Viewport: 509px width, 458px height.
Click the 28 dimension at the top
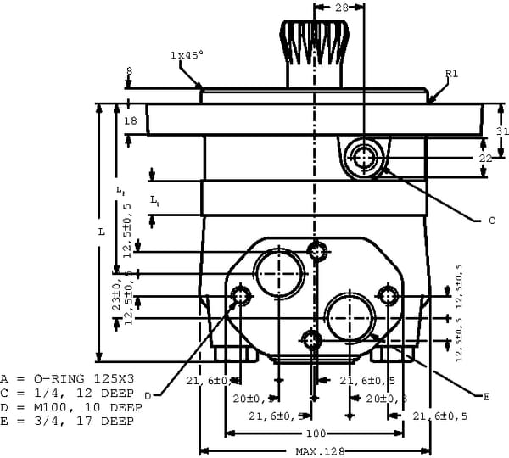pos(341,8)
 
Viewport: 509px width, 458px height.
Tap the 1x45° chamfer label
pos(187,55)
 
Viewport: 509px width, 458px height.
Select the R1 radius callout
pos(451,75)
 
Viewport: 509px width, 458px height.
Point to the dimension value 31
pos(501,131)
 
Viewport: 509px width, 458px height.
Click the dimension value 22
pos(486,158)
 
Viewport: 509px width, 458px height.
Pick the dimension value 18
pos(131,121)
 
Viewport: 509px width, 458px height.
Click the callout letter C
pos(490,221)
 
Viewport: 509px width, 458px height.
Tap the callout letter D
pos(147,395)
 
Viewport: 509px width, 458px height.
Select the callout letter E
pos(486,396)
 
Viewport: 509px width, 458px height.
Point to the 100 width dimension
pos(316,433)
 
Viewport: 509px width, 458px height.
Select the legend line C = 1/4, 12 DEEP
pos(67,393)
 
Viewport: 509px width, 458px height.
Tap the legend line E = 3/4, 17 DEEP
pos(67,422)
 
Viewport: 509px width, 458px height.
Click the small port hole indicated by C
pos(366,157)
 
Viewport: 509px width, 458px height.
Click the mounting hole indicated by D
pos(241,296)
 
